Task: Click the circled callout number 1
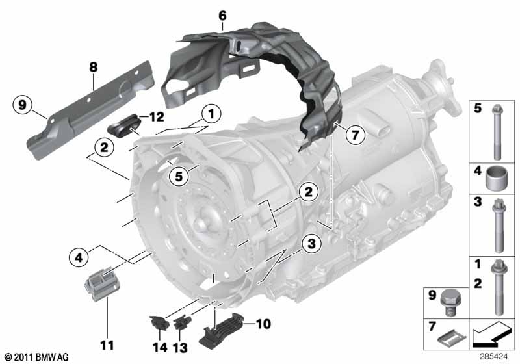pyautogui.click(x=210, y=114)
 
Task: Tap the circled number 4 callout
pyautogui.click(x=78, y=259)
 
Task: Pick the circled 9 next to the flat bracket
pyautogui.click(x=23, y=104)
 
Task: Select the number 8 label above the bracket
pyautogui.click(x=93, y=66)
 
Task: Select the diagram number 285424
pyautogui.click(x=497, y=356)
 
